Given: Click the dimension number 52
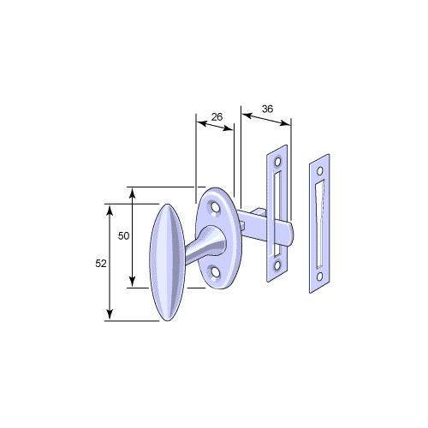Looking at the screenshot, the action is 101,264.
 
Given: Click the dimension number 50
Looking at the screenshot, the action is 123,236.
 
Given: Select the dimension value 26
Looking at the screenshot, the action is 217,117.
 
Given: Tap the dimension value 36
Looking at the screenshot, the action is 267,109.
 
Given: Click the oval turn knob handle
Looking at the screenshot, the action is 168,263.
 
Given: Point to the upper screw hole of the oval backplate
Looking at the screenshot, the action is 216,207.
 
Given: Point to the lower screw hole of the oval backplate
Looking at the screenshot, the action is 216,271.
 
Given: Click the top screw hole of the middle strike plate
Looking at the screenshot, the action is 277,162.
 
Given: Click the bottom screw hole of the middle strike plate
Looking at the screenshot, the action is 276,265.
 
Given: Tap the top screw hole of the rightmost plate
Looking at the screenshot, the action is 320,171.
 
